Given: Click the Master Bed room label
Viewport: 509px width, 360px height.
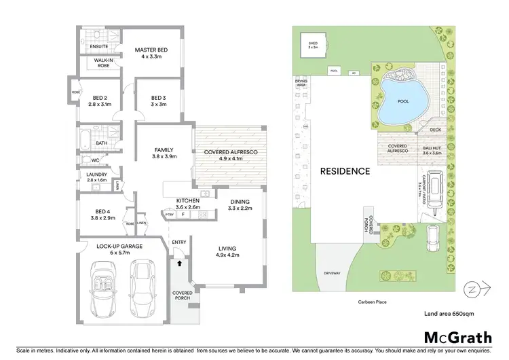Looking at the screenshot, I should point(150,50).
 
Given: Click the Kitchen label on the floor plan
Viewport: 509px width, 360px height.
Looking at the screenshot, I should point(187,201).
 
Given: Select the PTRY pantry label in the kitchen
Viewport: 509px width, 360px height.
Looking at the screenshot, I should point(170,215).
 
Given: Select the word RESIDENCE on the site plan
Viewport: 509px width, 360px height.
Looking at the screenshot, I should point(345,171).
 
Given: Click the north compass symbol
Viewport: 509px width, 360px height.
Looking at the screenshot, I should point(471,290).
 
